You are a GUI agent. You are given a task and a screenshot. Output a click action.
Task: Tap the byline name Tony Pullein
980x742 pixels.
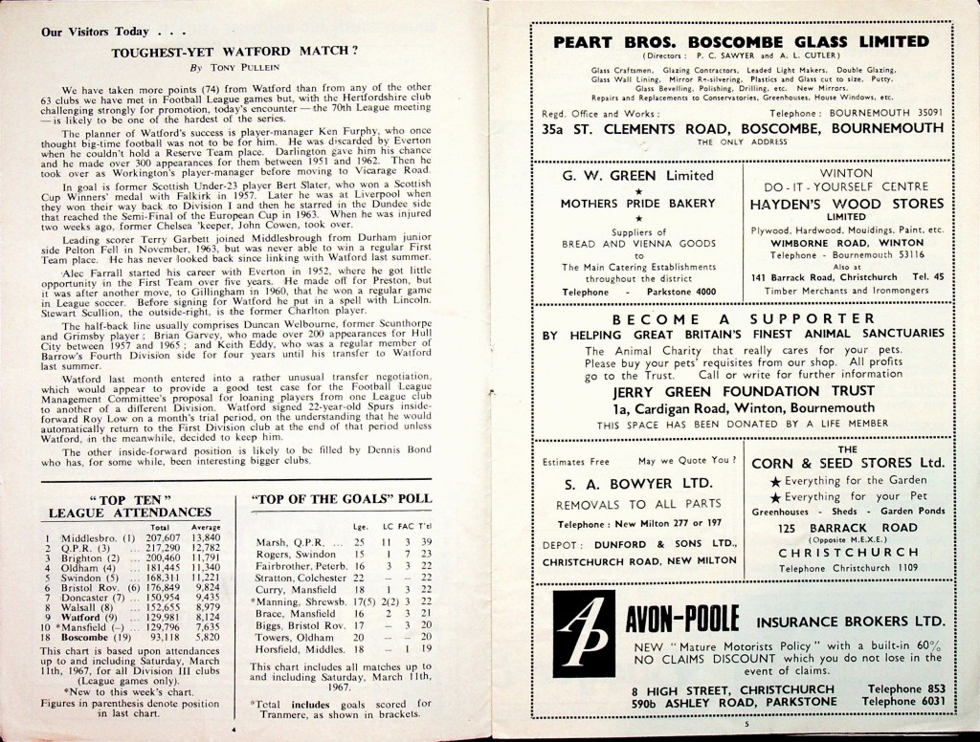(242, 69)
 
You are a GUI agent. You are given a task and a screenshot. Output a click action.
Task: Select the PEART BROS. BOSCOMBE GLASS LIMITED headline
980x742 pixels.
(741, 42)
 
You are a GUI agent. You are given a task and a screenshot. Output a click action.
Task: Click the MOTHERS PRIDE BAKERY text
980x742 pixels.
(637, 204)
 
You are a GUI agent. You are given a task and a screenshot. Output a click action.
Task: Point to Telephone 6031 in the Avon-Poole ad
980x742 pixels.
(904, 701)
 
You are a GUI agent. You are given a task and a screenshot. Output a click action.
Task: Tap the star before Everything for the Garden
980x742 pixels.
(775, 480)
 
